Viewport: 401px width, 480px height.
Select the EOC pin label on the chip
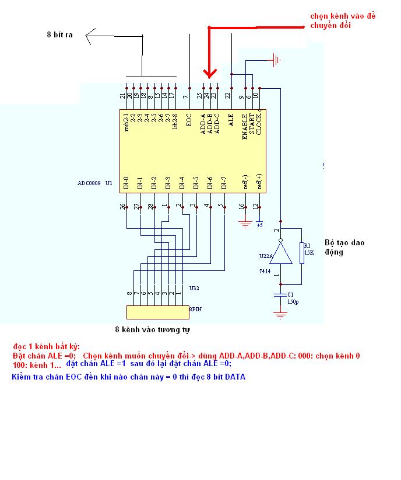pos(189,120)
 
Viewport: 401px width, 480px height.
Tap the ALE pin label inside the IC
pos(231,120)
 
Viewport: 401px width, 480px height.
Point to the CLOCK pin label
pos(259,123)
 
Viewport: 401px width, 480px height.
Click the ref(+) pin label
pos(259,182)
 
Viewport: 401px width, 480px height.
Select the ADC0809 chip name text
pos(89,183)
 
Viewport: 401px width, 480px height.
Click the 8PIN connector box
pos(158,312)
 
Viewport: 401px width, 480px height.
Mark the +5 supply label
pos(259,224)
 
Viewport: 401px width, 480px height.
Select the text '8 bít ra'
pos(59,35)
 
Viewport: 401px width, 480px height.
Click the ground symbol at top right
pos(276,60)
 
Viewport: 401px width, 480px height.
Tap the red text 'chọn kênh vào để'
pos(343,16)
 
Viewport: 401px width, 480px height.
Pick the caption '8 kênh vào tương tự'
pos(153,330)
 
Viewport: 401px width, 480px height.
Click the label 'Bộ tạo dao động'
pos(344,247)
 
